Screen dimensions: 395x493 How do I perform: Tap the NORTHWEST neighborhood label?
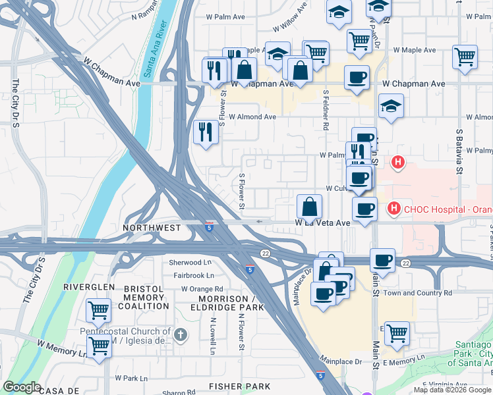pyautogui.click(x=152, y=228)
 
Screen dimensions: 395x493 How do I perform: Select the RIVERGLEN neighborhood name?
pyautogui.click(x=89, y=288)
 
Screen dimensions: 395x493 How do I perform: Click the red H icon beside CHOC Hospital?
pyautogui.click(x=394, y=209)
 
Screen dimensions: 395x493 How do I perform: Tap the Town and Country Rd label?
pyautogui.click(x=418, y=293)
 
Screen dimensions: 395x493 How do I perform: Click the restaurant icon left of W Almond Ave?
pyautogui.click(x=206, y=132)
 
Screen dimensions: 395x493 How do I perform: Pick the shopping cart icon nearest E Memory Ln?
pyautogui.click(x=397, y=333)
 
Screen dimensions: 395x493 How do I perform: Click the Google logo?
pyautogui.click(x=22, y=388)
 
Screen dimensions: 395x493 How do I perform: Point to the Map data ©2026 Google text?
pyautogui.click(x=452, y=390)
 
